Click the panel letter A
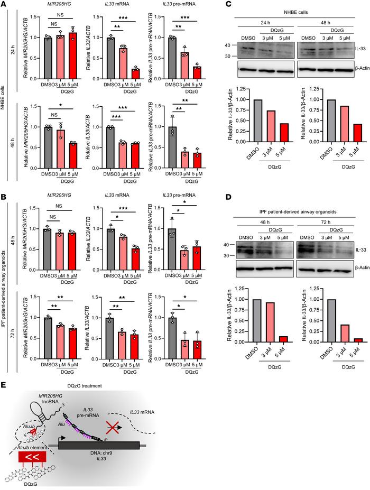(4, 5)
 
